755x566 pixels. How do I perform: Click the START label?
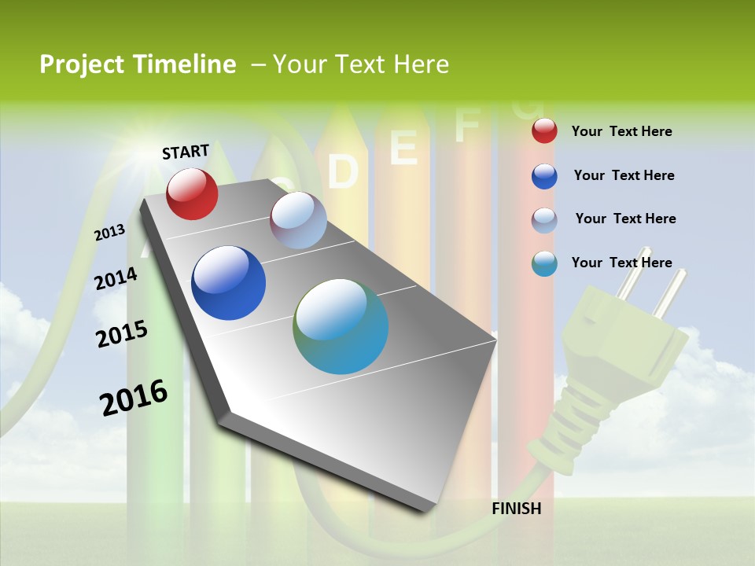click(x=186, y=151)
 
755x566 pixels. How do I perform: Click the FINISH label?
click(x=516, y=509)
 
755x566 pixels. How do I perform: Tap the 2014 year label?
click(x=116, y=279)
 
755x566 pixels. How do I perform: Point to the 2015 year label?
click(x=121, y=334)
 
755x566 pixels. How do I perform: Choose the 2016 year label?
click(x=134, y=397)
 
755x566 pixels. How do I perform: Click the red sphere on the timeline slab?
click(x=192, y=193)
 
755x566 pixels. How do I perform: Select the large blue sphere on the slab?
click(x=228, y=283)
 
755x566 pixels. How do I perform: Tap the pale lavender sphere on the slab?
click(x=298, y=220)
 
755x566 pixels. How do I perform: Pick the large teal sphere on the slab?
click(x=341, y=326)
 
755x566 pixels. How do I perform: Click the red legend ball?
click(x=544, y=131)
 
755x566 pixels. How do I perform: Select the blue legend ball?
click(x=544, y=176)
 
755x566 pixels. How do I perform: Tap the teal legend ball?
click(x=544, y=263)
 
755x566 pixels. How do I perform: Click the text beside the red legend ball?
click(x=621, y=131)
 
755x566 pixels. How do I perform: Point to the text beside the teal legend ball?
click(x=621, y=263)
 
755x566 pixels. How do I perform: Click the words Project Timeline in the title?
click(x=138, y=64)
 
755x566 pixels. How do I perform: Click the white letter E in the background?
click(x=403, y=148)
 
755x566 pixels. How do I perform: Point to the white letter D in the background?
click(x=343, y=171)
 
